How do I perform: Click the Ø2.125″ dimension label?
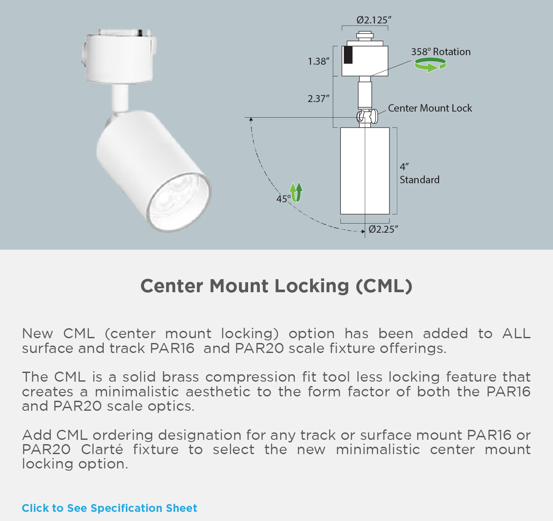pyautogui.click(x=374, y=20)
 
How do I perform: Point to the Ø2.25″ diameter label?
pyautogui.click(x=383, y=229)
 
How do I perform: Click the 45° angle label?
pyautogui.click(x=283, y=199)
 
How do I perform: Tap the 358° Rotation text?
pyautogui.click(x=441, y=52)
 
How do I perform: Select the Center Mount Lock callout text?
pyautogui.click(x=430, y=108)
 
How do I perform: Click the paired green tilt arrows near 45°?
pyautogui.click(x=296, y=192)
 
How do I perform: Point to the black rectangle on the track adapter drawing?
pyautogui.click(x=348, y=55)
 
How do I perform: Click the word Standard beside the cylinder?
pyautogui.click(x=419, y=180)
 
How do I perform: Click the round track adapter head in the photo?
pyautogui.click(x=119, y=56)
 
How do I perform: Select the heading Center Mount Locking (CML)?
pyautogui.click(x=276, y=286)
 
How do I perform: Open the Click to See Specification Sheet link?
pyautogui.click(x=109, y=508)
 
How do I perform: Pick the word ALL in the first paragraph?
pyautogui.click(x=516, y=333)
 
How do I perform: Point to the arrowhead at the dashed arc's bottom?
pyautogui.click(x=363, y=231)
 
